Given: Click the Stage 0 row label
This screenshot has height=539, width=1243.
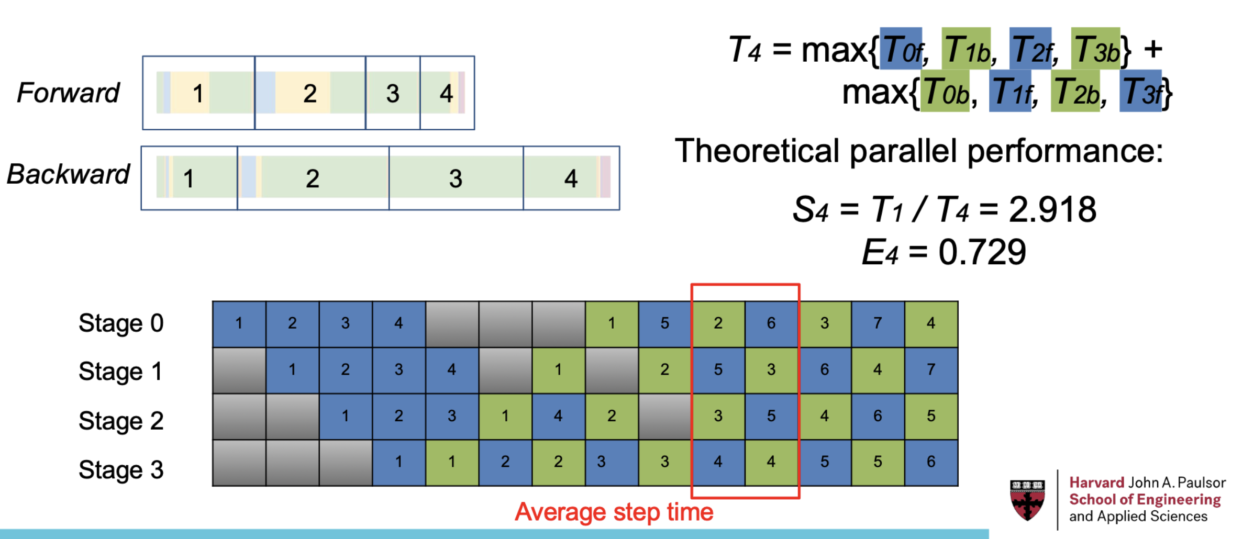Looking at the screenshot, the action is pos(121,323).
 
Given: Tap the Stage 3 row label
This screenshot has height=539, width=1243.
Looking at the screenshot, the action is pos(121,470).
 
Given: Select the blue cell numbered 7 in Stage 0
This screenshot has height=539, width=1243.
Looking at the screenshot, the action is pos(878,324).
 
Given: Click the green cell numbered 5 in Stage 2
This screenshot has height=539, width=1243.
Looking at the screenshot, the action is pos(931,417).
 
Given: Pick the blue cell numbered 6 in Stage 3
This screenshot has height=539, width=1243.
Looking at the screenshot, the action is pos(931,463).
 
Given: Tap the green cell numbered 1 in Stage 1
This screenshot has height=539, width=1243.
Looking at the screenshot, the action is pos(558,370).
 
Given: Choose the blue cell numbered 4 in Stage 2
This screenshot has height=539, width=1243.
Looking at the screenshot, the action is pos(558,417).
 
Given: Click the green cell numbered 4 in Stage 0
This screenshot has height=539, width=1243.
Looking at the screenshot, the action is pos(931,324).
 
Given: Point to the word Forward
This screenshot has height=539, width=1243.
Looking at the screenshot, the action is pos(68,93).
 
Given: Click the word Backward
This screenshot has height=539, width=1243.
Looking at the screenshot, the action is pos(68,174).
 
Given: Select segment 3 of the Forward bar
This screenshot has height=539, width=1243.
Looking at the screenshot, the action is pos(393,93).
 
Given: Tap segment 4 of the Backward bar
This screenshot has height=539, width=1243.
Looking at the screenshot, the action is pos(571,178).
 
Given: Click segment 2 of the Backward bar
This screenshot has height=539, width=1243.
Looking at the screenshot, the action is pos(313,178).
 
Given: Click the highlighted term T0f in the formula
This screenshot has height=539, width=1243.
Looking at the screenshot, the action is pos(901,49).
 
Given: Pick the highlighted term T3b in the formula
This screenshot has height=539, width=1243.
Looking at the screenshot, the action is pos(1096,49).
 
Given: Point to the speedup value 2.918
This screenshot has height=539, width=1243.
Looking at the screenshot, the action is pos(1052,209).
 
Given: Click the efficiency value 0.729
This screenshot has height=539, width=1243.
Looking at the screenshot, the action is pos(982,252).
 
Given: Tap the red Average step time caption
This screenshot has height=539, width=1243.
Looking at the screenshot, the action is pos(614,512).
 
